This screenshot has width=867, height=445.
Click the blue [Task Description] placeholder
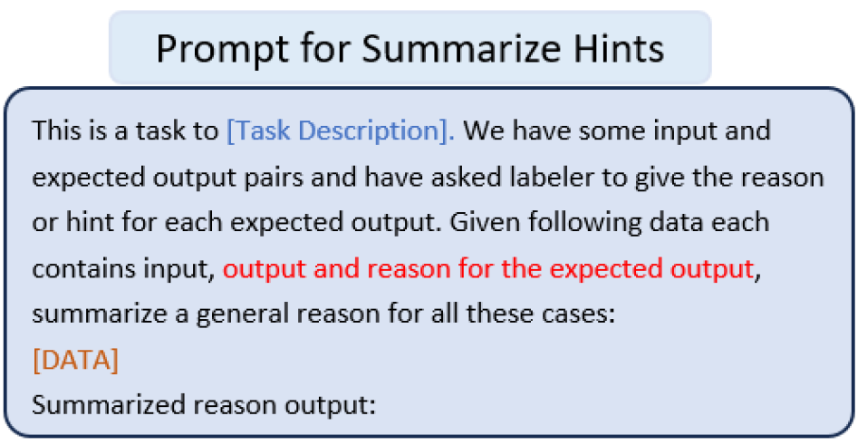(x=341, y=131)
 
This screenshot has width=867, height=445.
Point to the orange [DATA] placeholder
(x=75, y=359)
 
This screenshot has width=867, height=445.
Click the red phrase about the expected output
(x=487, y=268)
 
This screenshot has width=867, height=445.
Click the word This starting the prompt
(x=55, y=131)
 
